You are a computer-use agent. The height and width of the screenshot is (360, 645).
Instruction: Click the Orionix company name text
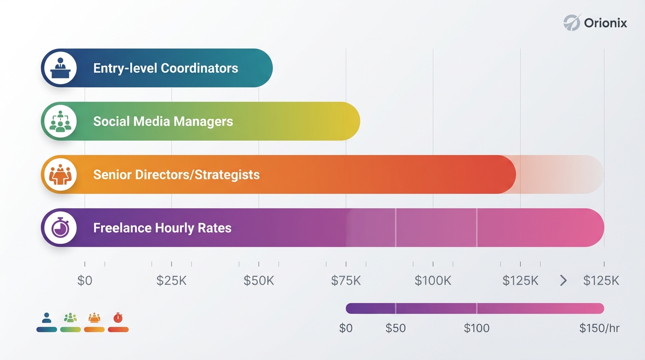point(606,22)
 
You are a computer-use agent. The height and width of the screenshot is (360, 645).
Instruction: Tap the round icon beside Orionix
point(572,22)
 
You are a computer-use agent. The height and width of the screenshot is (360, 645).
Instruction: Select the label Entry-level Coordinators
point(165,68)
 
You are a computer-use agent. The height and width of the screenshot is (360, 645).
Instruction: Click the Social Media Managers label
point(163,122)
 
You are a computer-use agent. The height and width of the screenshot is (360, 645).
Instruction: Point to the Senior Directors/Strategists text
point(176,175)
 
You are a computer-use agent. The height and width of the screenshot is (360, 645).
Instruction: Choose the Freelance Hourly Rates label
point(162,228)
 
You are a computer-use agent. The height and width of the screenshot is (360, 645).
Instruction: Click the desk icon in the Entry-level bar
point(60,68)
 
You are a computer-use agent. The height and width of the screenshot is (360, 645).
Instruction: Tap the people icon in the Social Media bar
point(60,121)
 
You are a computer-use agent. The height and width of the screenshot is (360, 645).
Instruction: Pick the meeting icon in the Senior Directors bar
point(60,175)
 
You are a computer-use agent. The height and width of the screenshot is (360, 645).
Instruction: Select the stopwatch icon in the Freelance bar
point(60,228)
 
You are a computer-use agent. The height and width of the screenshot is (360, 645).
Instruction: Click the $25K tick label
point(172,281)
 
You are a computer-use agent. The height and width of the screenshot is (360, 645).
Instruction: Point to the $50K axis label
point(259,281)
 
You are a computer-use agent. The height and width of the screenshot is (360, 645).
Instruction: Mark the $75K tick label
point(346,281)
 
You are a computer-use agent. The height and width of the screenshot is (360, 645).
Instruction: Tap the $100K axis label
point(433,281)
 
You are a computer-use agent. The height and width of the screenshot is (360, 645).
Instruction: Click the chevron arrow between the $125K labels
point(563,281)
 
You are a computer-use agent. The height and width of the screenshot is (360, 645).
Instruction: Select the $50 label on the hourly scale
point(395,328)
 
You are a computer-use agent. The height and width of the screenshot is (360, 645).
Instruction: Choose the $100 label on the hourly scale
point(477,328)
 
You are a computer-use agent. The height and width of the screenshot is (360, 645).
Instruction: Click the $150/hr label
point(600,328)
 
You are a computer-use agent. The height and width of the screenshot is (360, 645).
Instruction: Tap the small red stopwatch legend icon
point(118,318)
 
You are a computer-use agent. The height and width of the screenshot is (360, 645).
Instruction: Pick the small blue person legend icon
point(46,318)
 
